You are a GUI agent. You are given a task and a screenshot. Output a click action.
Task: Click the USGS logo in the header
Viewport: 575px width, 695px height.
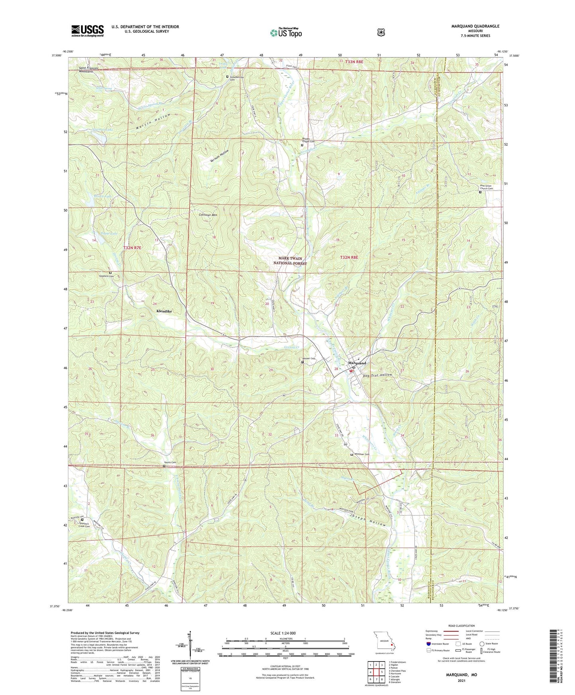[x=88, y=31]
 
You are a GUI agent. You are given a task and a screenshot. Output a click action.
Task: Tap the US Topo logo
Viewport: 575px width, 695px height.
[x=286, y=33]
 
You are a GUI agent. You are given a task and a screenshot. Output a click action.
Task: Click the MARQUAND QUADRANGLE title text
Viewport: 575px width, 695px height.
[x=475, y=26]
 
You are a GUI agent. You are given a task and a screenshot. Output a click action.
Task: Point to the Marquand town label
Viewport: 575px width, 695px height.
[x=357, y=363]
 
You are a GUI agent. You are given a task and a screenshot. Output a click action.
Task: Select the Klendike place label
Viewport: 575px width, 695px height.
[x=164, y=311]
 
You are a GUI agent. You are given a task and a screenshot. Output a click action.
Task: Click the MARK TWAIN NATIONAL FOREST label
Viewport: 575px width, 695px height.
[x=290, y=261]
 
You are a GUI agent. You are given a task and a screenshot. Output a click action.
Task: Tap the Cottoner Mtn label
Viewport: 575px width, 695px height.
[x=208, y=215]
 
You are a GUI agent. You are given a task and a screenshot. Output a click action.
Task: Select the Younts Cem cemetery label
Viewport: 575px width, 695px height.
[x=170, y=462]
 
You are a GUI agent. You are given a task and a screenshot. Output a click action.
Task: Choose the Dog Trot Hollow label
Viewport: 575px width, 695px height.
[x=378, y=375]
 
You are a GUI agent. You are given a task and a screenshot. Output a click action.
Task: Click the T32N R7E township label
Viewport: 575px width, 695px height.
[x=132, y=248]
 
